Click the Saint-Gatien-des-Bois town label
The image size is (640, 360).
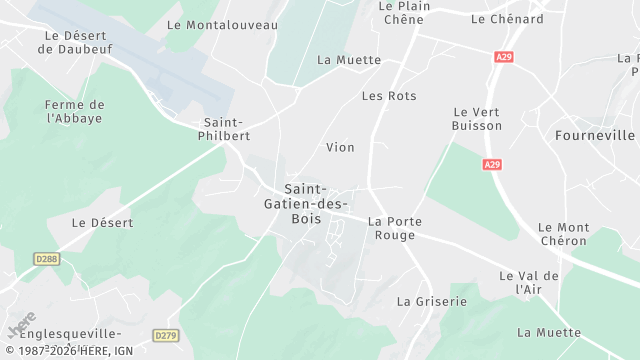(x=317, y=204)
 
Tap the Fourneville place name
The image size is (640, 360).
(x=594, y=134)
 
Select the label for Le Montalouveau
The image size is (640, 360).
(x=222, y=24)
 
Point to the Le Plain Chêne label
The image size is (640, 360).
(x=403, y=13)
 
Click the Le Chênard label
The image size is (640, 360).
(x=507, y=19)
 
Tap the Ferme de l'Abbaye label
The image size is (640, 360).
(x=75, y=111)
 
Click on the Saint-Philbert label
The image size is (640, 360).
(x=226, y=129)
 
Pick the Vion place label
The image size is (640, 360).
(x=340, y=147)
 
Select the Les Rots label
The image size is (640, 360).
(x=389, y=96)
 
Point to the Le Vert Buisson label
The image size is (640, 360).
(x=477, y=119)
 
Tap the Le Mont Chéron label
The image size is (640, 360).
(x=564, y=235)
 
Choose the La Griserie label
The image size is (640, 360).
(x=431, y=300)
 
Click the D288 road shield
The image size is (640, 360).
(x=46, y=258)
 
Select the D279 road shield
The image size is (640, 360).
(x=166, y=335)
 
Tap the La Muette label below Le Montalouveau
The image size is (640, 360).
(x=349, y=60)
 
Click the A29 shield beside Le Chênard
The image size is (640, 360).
(x=503, y=59)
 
